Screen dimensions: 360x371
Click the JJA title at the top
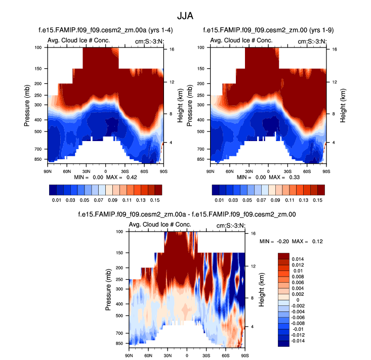tap(185, 15)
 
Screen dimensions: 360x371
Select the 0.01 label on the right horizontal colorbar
tap(219, 201)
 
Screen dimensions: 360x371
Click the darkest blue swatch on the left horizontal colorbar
tap(53, 190)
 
